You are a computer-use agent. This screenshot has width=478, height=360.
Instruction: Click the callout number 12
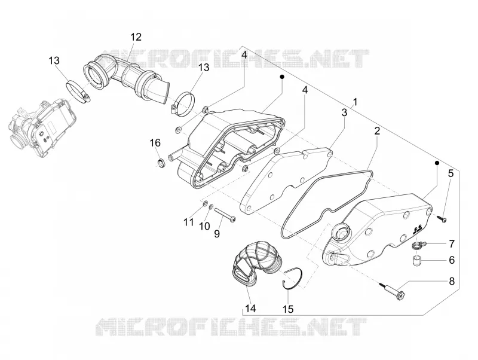136,37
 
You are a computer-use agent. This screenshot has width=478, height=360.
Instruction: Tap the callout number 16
155,142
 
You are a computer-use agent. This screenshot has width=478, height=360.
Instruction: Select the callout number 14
250,309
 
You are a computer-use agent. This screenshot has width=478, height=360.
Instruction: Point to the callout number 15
288,309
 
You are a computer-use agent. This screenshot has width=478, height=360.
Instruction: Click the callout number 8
451,281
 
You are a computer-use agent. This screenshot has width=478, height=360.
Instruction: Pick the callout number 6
452,260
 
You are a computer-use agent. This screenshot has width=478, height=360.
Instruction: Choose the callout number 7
452,244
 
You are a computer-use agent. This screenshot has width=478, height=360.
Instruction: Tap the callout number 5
451,173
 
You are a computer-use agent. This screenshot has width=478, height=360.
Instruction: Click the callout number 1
355,102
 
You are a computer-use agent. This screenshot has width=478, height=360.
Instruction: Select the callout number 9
217,234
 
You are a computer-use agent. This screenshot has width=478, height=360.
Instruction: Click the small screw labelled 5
441,218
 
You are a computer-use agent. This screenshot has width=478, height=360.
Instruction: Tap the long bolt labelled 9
225,215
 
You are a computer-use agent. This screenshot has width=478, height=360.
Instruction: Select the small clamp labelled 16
162,163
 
